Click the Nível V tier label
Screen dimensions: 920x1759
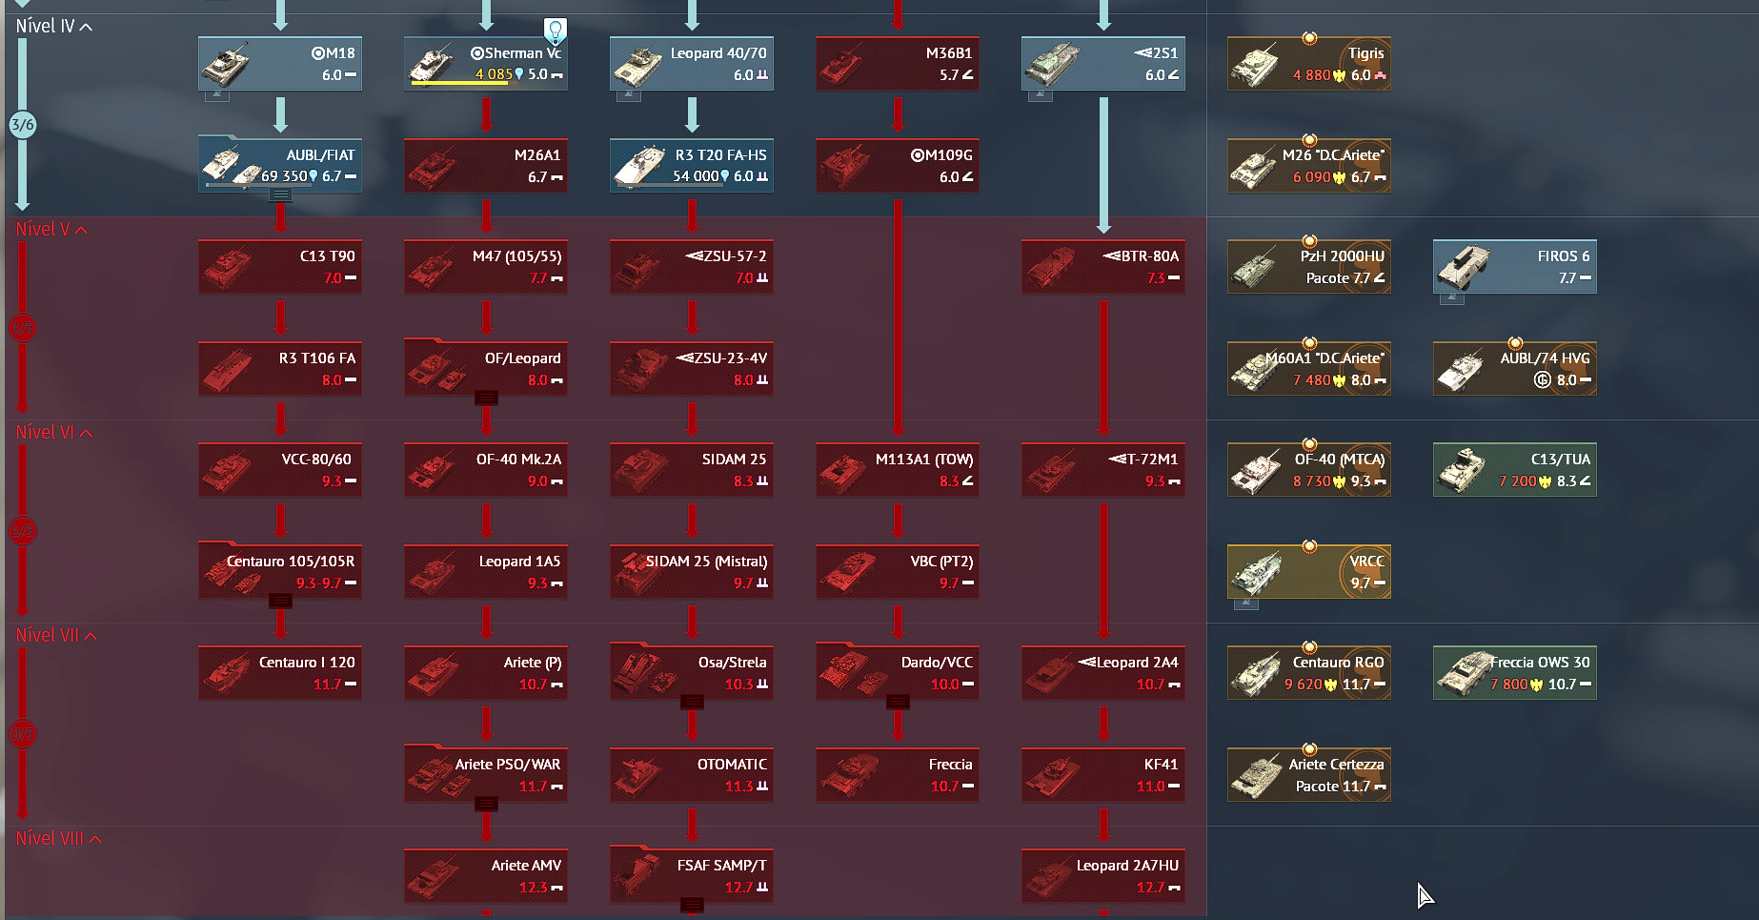click(x=43, y=230)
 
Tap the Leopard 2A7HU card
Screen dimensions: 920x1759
click(x=1102, y=875)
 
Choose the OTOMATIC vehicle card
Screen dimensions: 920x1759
click(x=691, y=774)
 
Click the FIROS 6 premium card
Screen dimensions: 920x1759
click(x=1514, y=267)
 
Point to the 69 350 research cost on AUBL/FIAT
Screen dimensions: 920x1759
click(x=284, y=176)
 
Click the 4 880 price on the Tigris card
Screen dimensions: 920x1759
click(x=1311, y=75)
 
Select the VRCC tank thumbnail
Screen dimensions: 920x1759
click(x=1256, y=572)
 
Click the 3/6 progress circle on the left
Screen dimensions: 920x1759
click(x=23, y=124)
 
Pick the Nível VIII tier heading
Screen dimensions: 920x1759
click(x=50, y=839)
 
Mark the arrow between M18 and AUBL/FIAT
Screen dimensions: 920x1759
click(x=280, y=113)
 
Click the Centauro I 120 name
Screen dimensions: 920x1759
click(x=307, y=663)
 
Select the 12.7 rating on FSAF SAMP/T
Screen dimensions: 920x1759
click(x=738, y=888)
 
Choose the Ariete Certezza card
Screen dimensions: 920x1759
click(x=1308, y=774)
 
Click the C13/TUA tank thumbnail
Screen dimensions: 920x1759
click(x=1461, y=470)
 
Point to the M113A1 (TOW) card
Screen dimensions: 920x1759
click(x=897, y=469)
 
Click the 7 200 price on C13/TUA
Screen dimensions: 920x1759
click(x=1517, y=481)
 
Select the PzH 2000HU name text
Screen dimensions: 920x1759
click(x=1342, y=256)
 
